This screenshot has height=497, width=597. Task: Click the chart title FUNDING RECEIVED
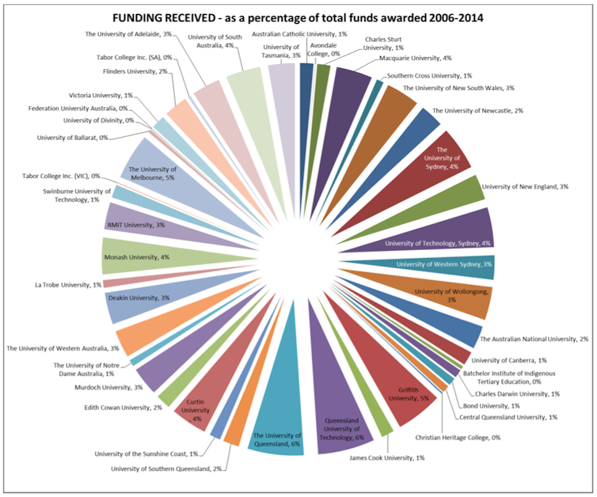click(x=297, y=17)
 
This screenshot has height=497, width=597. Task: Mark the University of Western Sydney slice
click(x=447, y=264)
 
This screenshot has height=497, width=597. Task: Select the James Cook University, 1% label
click(x=386, y=457)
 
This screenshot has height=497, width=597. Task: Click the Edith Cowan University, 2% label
click(x=123, y=408)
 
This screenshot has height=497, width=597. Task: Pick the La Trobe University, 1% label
click(x=67, y=284)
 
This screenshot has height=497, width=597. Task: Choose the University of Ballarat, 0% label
click(x=72, y=137)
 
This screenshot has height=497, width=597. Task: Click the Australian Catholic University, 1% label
click(x=299, y=34)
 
